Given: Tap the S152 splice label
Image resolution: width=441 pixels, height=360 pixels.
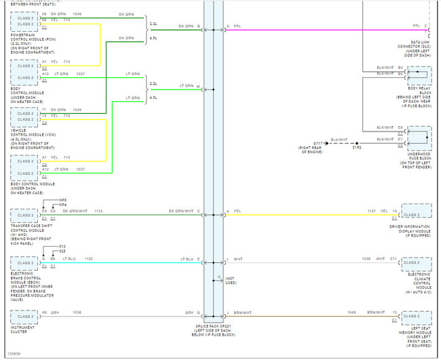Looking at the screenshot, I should [357, 146].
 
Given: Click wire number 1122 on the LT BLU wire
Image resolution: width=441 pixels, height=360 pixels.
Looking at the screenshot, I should [88, 259].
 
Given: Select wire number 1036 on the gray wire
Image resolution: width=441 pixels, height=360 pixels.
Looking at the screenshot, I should [78, 313].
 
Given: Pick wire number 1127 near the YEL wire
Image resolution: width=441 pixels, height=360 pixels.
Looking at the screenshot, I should [372, 211].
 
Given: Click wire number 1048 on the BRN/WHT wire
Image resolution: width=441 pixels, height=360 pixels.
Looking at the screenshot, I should [351, 313].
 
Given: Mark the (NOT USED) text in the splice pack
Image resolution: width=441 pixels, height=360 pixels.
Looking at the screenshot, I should [230, 280].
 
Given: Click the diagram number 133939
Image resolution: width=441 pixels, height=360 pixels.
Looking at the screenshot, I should [13, 353].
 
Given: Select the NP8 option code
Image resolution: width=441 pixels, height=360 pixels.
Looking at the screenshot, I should [62, 200].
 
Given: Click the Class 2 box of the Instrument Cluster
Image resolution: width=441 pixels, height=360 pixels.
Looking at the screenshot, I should [25, 316].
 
